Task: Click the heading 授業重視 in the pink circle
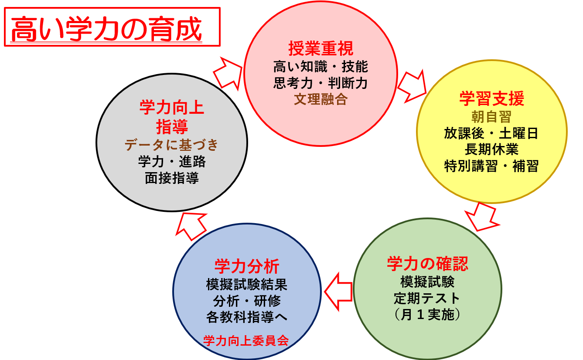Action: point(320,49)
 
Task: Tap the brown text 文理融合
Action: point(320,99)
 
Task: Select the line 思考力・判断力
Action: point(320,83)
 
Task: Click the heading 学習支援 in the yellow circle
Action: point(491,99)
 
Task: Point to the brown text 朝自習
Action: point(491,117)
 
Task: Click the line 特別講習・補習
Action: point(491,166)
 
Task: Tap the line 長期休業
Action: point(491,149)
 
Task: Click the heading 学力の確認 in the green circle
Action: point(427,264)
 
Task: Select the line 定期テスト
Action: point(427,299)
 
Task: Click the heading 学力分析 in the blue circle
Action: point(246,266)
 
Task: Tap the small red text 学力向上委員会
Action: point(246,340)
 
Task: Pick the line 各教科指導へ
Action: point(246,317)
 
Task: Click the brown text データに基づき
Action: point(171,145)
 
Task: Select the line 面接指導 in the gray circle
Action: point(171,178)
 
